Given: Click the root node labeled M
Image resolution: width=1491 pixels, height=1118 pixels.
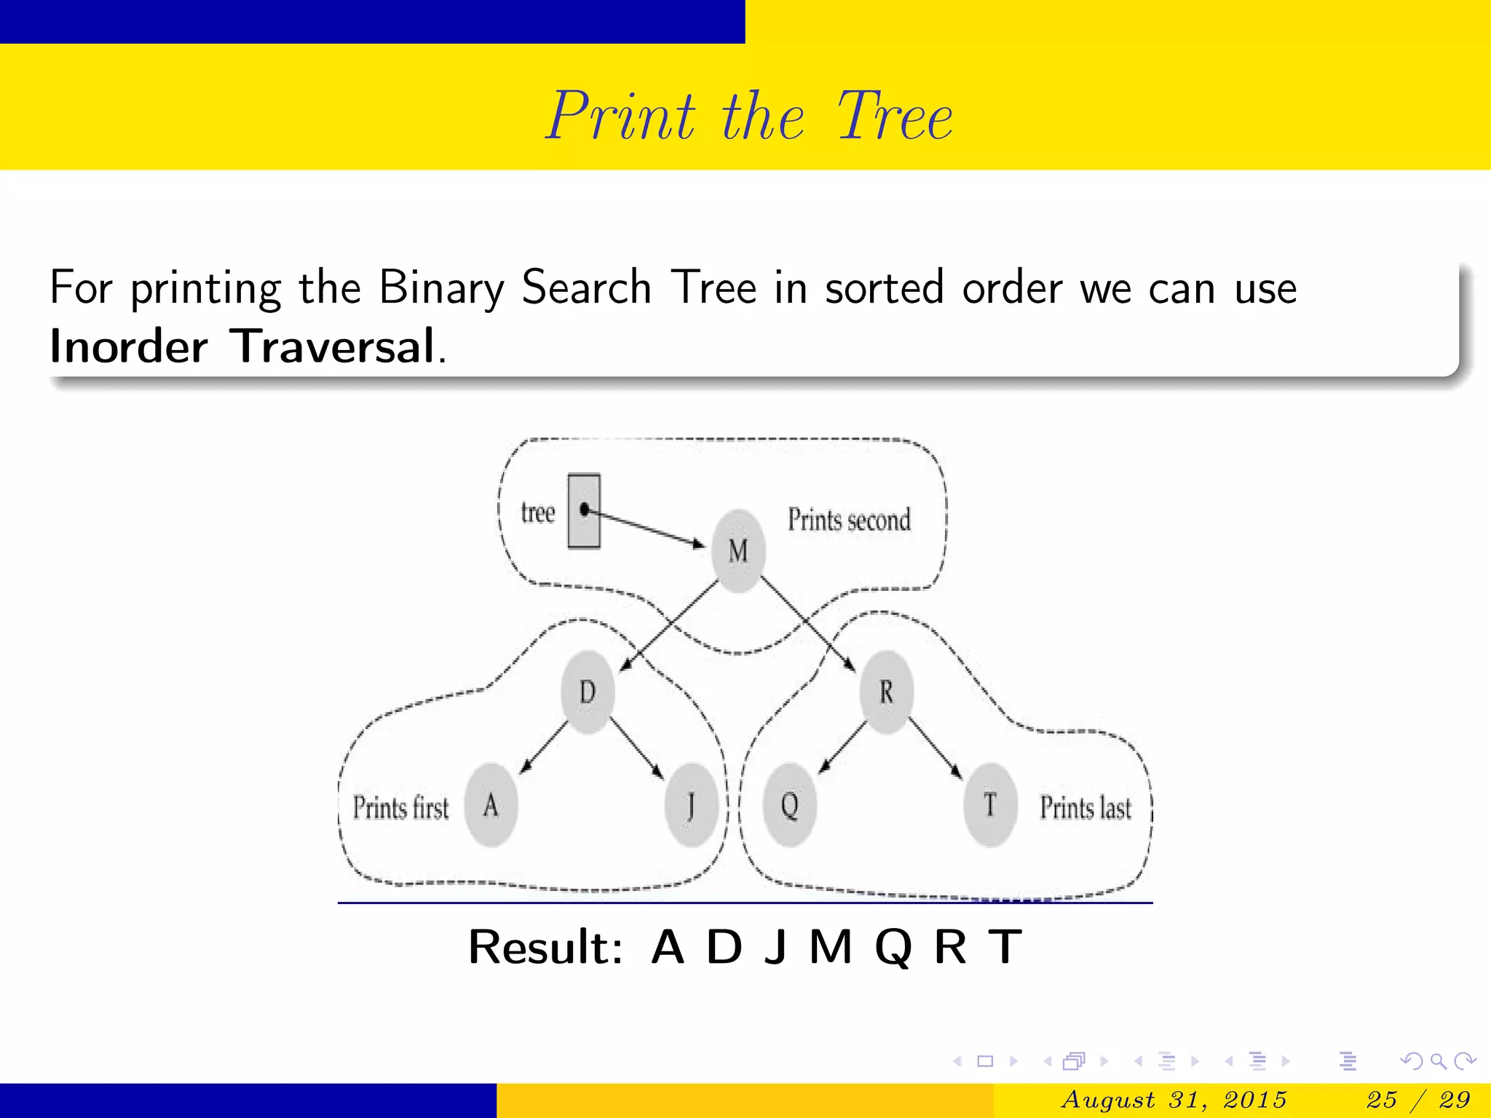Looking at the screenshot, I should [x=738, y=550].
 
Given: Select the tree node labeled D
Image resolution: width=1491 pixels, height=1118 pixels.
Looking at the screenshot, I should [x=588, y=691].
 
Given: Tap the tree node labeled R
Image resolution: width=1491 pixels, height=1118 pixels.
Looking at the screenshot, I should [x=886, y=691].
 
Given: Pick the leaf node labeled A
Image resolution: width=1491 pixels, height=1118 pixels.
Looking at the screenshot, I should [x=491, y=805].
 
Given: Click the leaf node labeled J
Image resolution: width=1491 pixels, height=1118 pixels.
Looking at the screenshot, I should [x=691, y=805].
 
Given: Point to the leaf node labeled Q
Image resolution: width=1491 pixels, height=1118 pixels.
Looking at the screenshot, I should [x=790, y=805].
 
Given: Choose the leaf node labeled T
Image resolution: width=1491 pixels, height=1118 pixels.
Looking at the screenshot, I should [x=990, y=805].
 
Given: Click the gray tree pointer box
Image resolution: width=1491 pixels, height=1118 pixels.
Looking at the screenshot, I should [x=584, y=511].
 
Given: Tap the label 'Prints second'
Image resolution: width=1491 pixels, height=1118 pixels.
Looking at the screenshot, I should [x=849, y=520].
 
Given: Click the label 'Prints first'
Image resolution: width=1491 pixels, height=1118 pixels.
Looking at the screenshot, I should [x=400, y=808].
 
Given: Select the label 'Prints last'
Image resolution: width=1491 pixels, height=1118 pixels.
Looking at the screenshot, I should [x=1085, y=808].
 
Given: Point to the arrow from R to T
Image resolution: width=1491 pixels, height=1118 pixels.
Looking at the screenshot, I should [x=936, y=748].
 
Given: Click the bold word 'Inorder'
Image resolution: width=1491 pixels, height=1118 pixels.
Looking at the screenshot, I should [x=129, y=346].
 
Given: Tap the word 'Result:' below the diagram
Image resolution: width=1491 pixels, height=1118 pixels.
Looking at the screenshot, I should [x=545, y=948].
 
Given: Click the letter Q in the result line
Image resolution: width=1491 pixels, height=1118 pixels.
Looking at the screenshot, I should [x=893, y=948].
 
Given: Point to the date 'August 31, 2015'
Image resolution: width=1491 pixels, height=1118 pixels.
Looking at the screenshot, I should [x=1174, y=1099].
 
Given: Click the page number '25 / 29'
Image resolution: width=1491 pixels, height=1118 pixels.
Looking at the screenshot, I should [x=1418, y=1099].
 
